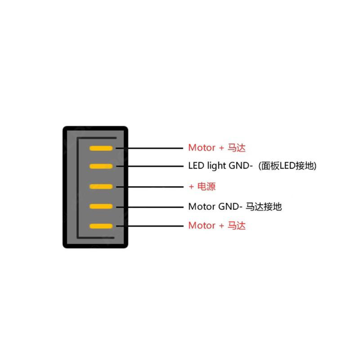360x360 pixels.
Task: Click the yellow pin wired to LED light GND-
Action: [101, 166]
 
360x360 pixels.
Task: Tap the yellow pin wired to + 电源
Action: [101, 186]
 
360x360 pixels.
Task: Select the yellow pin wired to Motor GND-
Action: [101, 206]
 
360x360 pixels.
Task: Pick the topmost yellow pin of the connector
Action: [101, 148]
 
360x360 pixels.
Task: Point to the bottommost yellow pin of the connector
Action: [101, 226]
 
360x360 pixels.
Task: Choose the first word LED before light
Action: [196, 166]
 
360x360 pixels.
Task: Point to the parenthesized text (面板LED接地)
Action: [288, 166]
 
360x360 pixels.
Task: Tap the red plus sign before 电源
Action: [191, 186]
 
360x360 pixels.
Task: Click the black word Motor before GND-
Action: [202, 207]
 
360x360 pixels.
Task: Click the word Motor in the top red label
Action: [202, 148]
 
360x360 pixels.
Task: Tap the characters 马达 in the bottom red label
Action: [236, 225]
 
